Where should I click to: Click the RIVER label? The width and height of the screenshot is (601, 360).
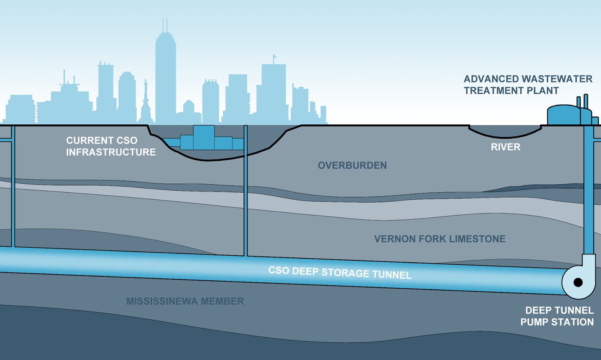coord(505,147)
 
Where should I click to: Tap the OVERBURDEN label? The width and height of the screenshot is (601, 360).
coord(352,166)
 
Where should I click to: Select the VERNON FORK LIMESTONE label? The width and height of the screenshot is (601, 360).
coord(439,239)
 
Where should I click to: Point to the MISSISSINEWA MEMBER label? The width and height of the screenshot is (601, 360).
coord(185,301)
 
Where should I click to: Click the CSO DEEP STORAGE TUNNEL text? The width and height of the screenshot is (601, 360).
coord(340,273)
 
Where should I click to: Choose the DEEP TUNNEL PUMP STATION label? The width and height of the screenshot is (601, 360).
coord(557,316)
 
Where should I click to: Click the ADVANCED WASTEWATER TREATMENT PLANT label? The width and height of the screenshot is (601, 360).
coord(527,85)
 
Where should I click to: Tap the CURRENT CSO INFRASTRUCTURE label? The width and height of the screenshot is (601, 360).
coord(110,146)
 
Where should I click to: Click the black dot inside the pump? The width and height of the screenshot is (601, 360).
coord(578,282)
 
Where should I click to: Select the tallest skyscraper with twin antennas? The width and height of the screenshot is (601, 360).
coord(165,75)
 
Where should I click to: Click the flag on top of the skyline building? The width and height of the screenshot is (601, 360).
coord(275,57)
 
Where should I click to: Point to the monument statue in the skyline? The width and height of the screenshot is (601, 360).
coord(145,101)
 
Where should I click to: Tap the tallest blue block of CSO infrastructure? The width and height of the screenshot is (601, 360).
coord(204,137)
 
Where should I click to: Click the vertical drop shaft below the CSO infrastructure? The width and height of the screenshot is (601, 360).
coord(246,206)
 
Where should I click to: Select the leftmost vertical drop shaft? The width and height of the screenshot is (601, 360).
coord(13,188)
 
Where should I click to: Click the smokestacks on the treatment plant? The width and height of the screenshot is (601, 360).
coord(582,101)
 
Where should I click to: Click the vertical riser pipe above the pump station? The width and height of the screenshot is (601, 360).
coord(589,188)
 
